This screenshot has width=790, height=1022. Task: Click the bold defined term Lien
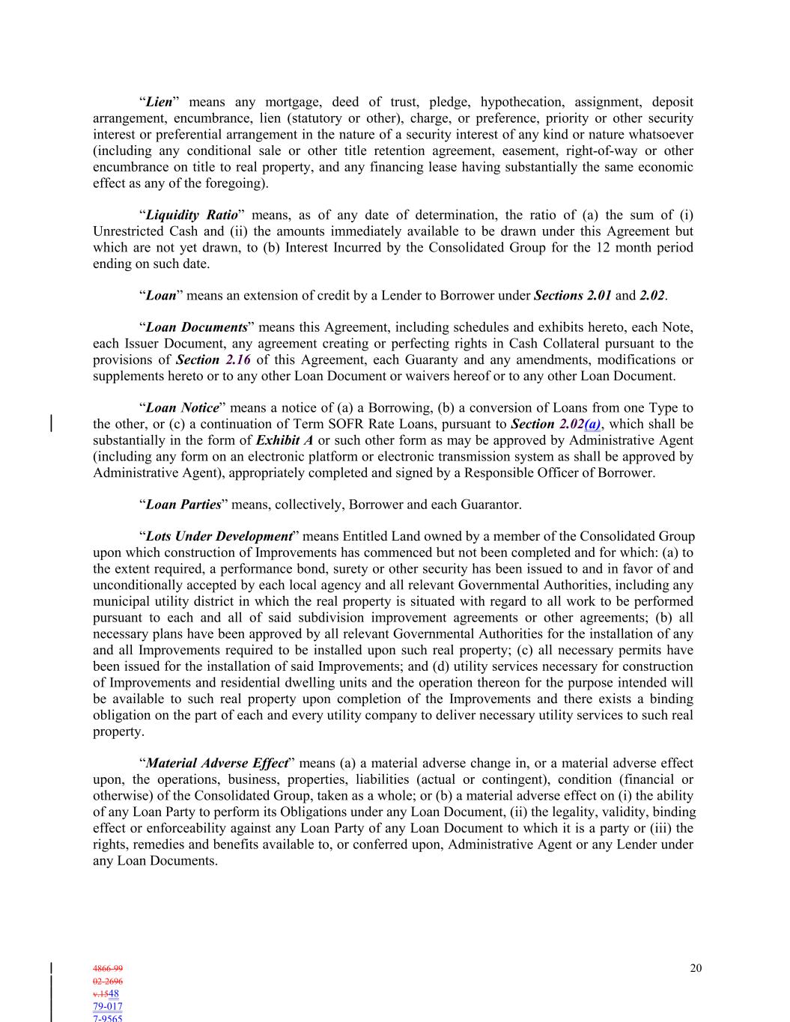pyautogui.click(x=159, y=102)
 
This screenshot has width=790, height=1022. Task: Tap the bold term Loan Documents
pyautogui.click(x=196, y=327)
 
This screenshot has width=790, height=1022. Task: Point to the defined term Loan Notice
pyautogui.click(x=183, y=408)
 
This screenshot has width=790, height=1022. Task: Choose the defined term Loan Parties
pyautogui.click(x=183, y=505)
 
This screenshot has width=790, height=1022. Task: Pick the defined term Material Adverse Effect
pyautogui.click(x=216, y=764)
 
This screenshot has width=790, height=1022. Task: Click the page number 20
pyautogui.click(x=696, y=968)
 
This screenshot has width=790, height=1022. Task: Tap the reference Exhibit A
pyautogui.click(x=285, y=440)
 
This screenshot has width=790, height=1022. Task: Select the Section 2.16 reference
pyautogui.click(x=213, y=359)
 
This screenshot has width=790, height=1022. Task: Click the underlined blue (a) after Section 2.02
pyautogui.click(x=592, y=425)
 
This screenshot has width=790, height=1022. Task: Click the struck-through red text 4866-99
pyautogui.click(x=108, y=968)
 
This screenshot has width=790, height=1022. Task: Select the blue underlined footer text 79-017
pyautogui.click(x=108, y=1006)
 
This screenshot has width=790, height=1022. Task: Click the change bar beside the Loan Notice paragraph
pyautogui.click(x=51, y=424)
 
